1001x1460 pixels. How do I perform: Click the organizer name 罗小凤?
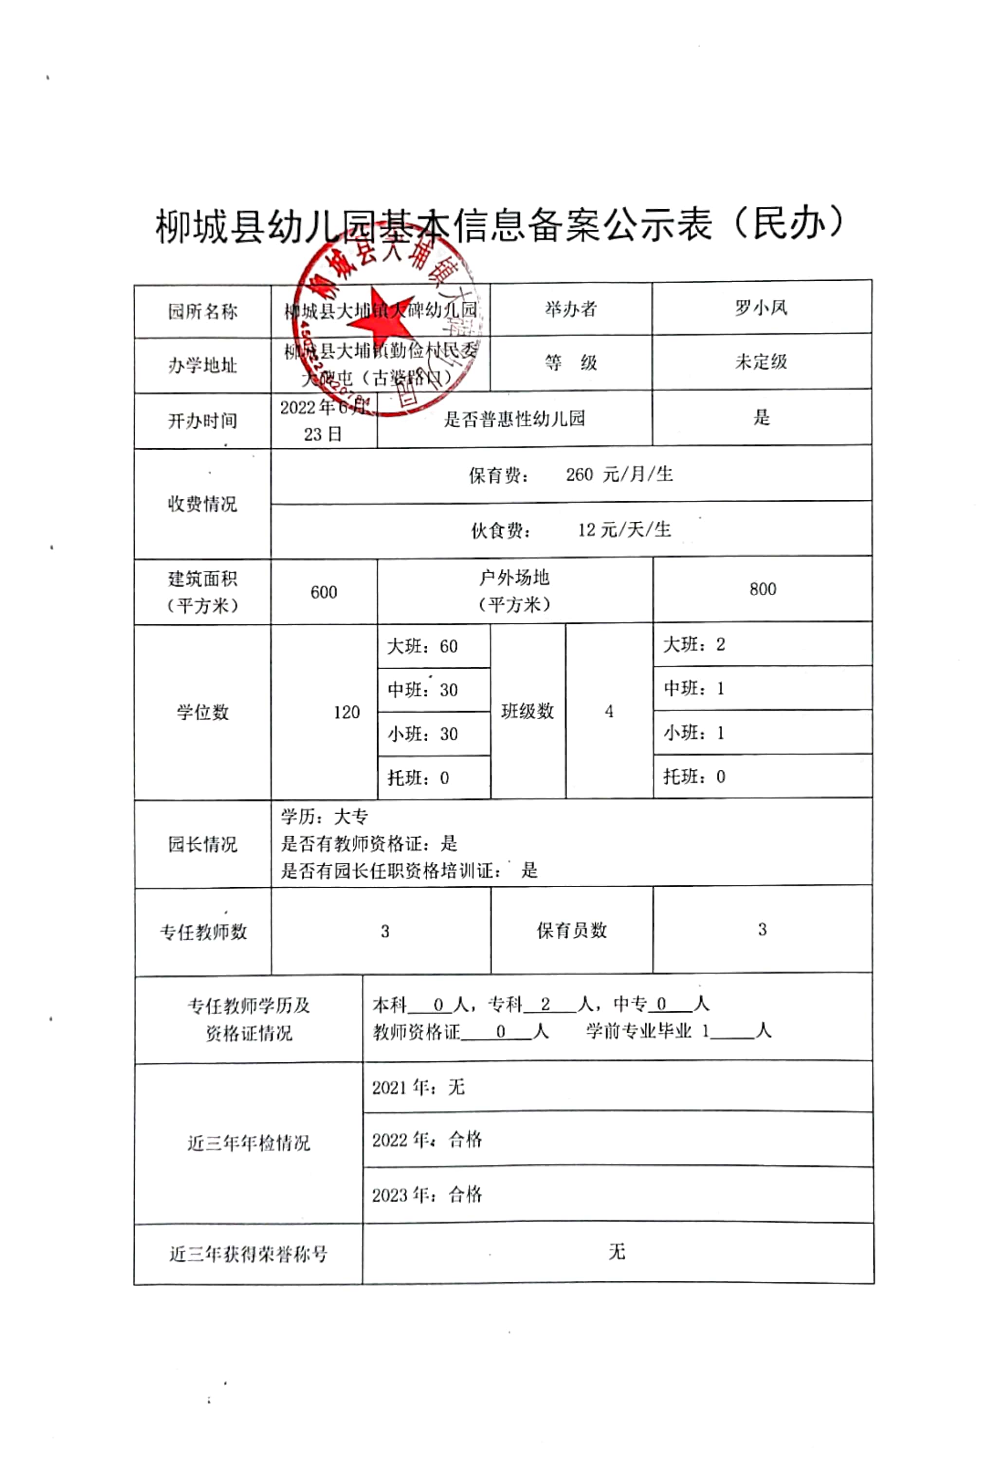pyautogui.click(x=761, y=308)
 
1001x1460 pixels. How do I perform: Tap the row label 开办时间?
pyautogui.click(x=202, y=420)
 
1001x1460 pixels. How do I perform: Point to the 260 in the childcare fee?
pyautogui.click(x=579, y=474)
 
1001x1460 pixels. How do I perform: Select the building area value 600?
pyautogui.click(x=324, y=592)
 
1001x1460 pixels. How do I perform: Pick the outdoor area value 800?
pyautogui.click(x=762, y=589)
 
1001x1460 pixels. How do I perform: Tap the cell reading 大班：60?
pyautogui.click(x=422, y=646)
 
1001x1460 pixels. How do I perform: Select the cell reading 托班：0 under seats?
pyautogui.click(x=419, y=778)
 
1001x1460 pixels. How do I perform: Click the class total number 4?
pyautogui.click(x=609, y=711)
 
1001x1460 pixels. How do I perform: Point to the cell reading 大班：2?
pyautogui.click(x=694, y=644)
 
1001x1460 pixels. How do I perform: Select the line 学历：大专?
pyautogui.click(x=324, y=817)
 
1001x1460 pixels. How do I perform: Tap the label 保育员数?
pyautogui.click(x=571, y=931)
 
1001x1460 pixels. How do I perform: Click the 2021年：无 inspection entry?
pyautogui.click(x=418, y=1087)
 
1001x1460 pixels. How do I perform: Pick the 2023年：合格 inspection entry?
pyautogui.click(x=427, y=1194)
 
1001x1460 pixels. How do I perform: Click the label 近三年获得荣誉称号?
pyautogui.click(x=248, y=1254)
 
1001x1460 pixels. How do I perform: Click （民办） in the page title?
pyautogui.click(x=789, y=223)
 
